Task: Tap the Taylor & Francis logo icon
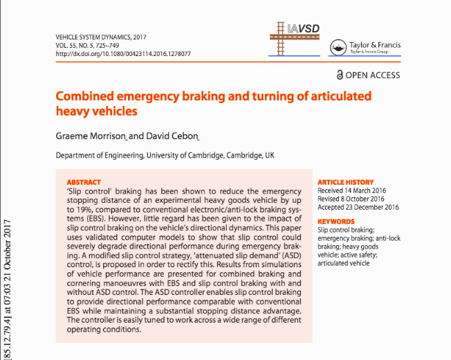tap(339, 47)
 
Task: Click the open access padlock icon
tap(339, 74)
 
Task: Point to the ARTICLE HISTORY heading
tap(346, 182)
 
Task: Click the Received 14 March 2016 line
tap(351, 190)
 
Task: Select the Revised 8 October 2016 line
tap(353, 199)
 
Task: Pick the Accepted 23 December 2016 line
tap(358, 207)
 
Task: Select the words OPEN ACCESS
tap(372, 74)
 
